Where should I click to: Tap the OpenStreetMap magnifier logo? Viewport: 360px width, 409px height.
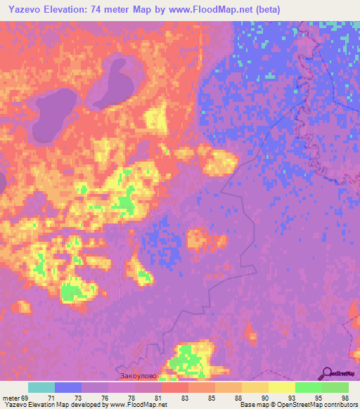pos(326,373)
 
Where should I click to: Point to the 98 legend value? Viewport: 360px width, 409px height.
pos(345,397)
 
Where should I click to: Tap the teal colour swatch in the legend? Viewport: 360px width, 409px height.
pos(41,387)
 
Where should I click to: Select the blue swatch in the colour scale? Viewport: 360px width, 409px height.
pos(68,387)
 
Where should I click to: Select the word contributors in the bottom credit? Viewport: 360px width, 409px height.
pos(338,405)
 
